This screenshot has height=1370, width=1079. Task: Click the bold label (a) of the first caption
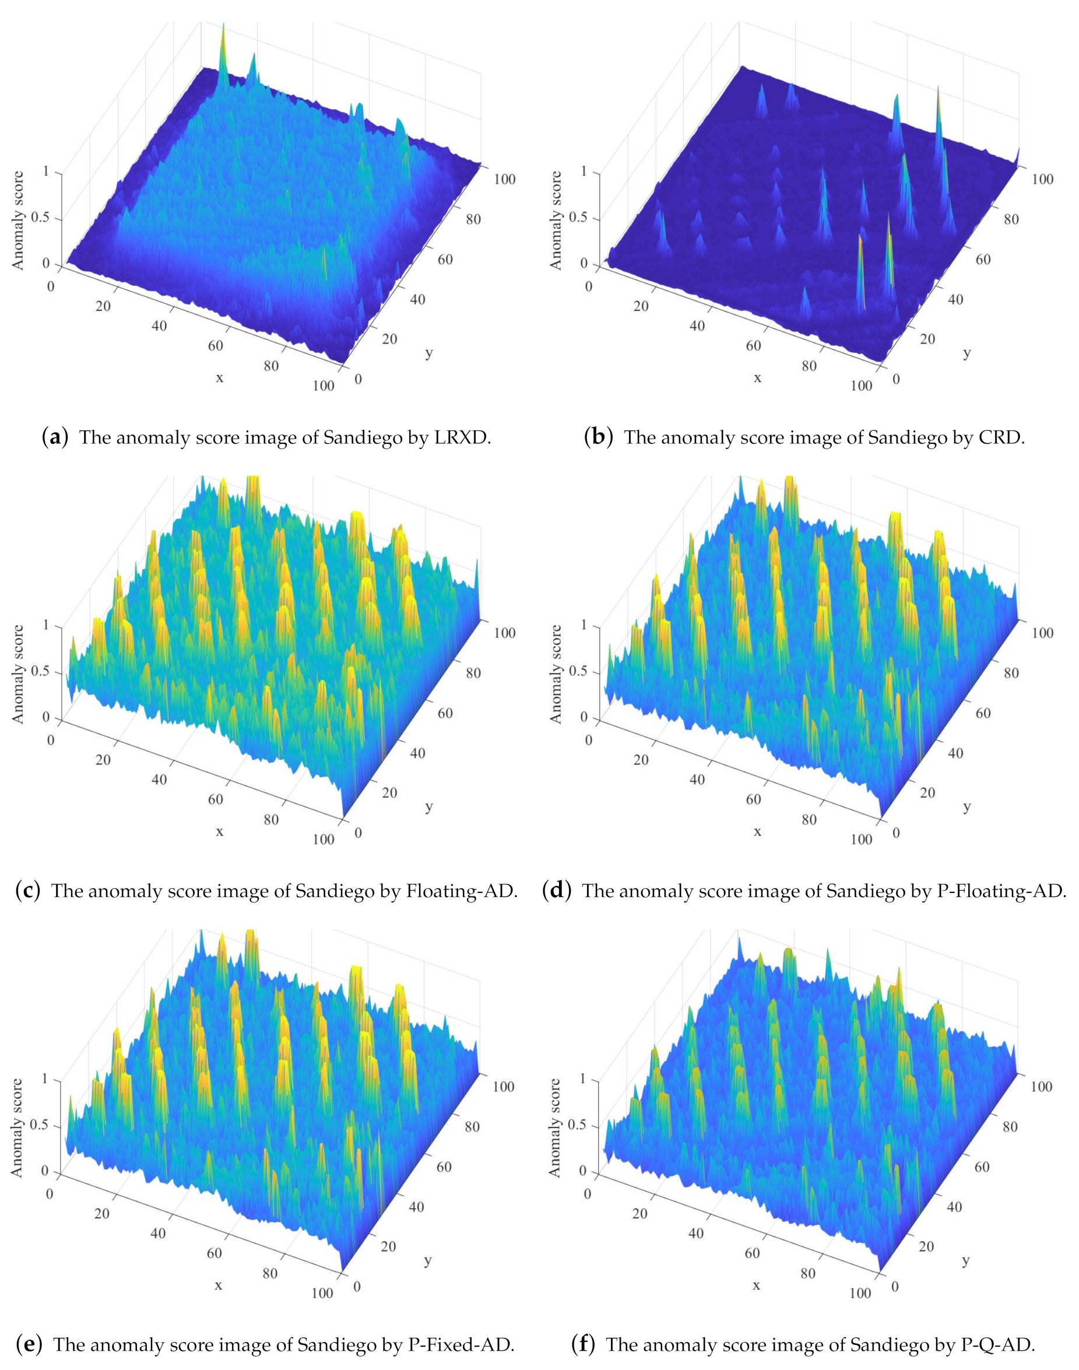pyautogui.click(x=54, y=437)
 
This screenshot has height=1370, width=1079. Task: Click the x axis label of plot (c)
pyautogui.click(x=219, y=832)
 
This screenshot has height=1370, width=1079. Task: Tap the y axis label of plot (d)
pyautogui.click(x=966, y=807)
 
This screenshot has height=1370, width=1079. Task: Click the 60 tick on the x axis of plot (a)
pyautogui.click(x=216, y=346)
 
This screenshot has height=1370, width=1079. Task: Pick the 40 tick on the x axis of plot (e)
pyautogui.click(x=158, y=1233)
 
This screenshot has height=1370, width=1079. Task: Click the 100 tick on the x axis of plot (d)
pyautogui.click(x=861, y=839)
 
